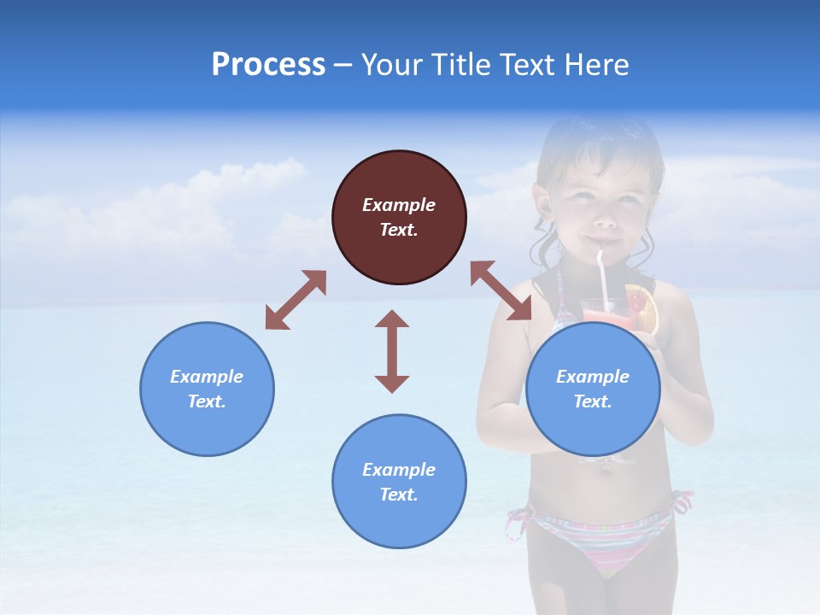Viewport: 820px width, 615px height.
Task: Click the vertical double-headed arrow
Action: pos(392,351)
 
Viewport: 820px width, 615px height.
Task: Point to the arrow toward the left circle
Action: pos(296,300)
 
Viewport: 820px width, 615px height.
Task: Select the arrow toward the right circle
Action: pos(501,290)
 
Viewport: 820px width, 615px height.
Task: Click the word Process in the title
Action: pos(268,64)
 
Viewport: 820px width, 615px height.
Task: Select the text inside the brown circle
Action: pos(399,217)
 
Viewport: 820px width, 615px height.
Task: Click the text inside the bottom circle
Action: pos(399,482)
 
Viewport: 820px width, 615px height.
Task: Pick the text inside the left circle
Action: pos(207,389)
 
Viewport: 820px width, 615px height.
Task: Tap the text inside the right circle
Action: pos(593,389)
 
